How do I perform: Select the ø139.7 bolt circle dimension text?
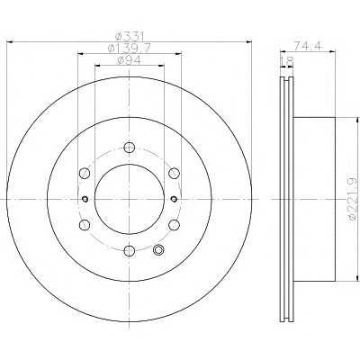130,49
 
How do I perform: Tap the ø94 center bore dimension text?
130,60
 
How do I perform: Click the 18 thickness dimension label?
286,61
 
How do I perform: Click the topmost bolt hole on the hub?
130,147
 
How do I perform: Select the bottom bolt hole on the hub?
130,250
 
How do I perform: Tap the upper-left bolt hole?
85,173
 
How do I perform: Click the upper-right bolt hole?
174,173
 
